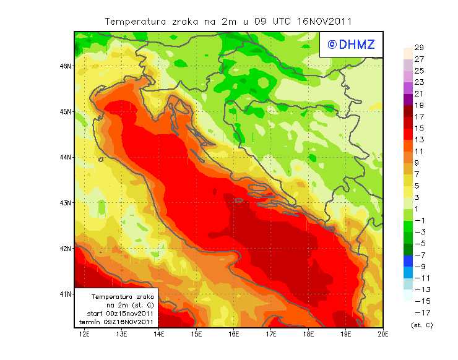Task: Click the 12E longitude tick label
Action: pos(84,335)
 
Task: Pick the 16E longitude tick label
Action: pos(233,335)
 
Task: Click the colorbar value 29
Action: pos(418,48)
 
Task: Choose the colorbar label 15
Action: pos(418,129)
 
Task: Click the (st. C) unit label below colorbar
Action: pos(421,325)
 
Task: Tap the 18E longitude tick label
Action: pos(308,335)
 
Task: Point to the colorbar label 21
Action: pos(418,94)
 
